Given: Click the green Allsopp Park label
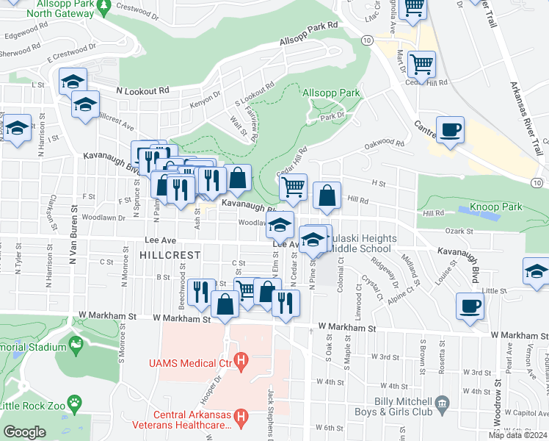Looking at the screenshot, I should (330, 93).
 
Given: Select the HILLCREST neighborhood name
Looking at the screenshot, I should (170, 254).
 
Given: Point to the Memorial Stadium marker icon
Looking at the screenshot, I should (74, 343).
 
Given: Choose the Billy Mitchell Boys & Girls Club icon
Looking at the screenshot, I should (442, 402).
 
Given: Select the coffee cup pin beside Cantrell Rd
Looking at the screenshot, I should (450, 130).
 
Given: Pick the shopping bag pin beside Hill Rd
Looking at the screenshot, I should (327, 196).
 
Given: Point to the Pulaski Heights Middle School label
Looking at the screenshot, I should (361, 244).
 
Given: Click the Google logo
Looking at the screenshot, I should (24, 432).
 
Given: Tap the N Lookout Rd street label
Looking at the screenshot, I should (142, 90).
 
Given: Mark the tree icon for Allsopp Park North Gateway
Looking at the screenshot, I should (104, 6).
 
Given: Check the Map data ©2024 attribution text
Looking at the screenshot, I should (517, 435).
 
